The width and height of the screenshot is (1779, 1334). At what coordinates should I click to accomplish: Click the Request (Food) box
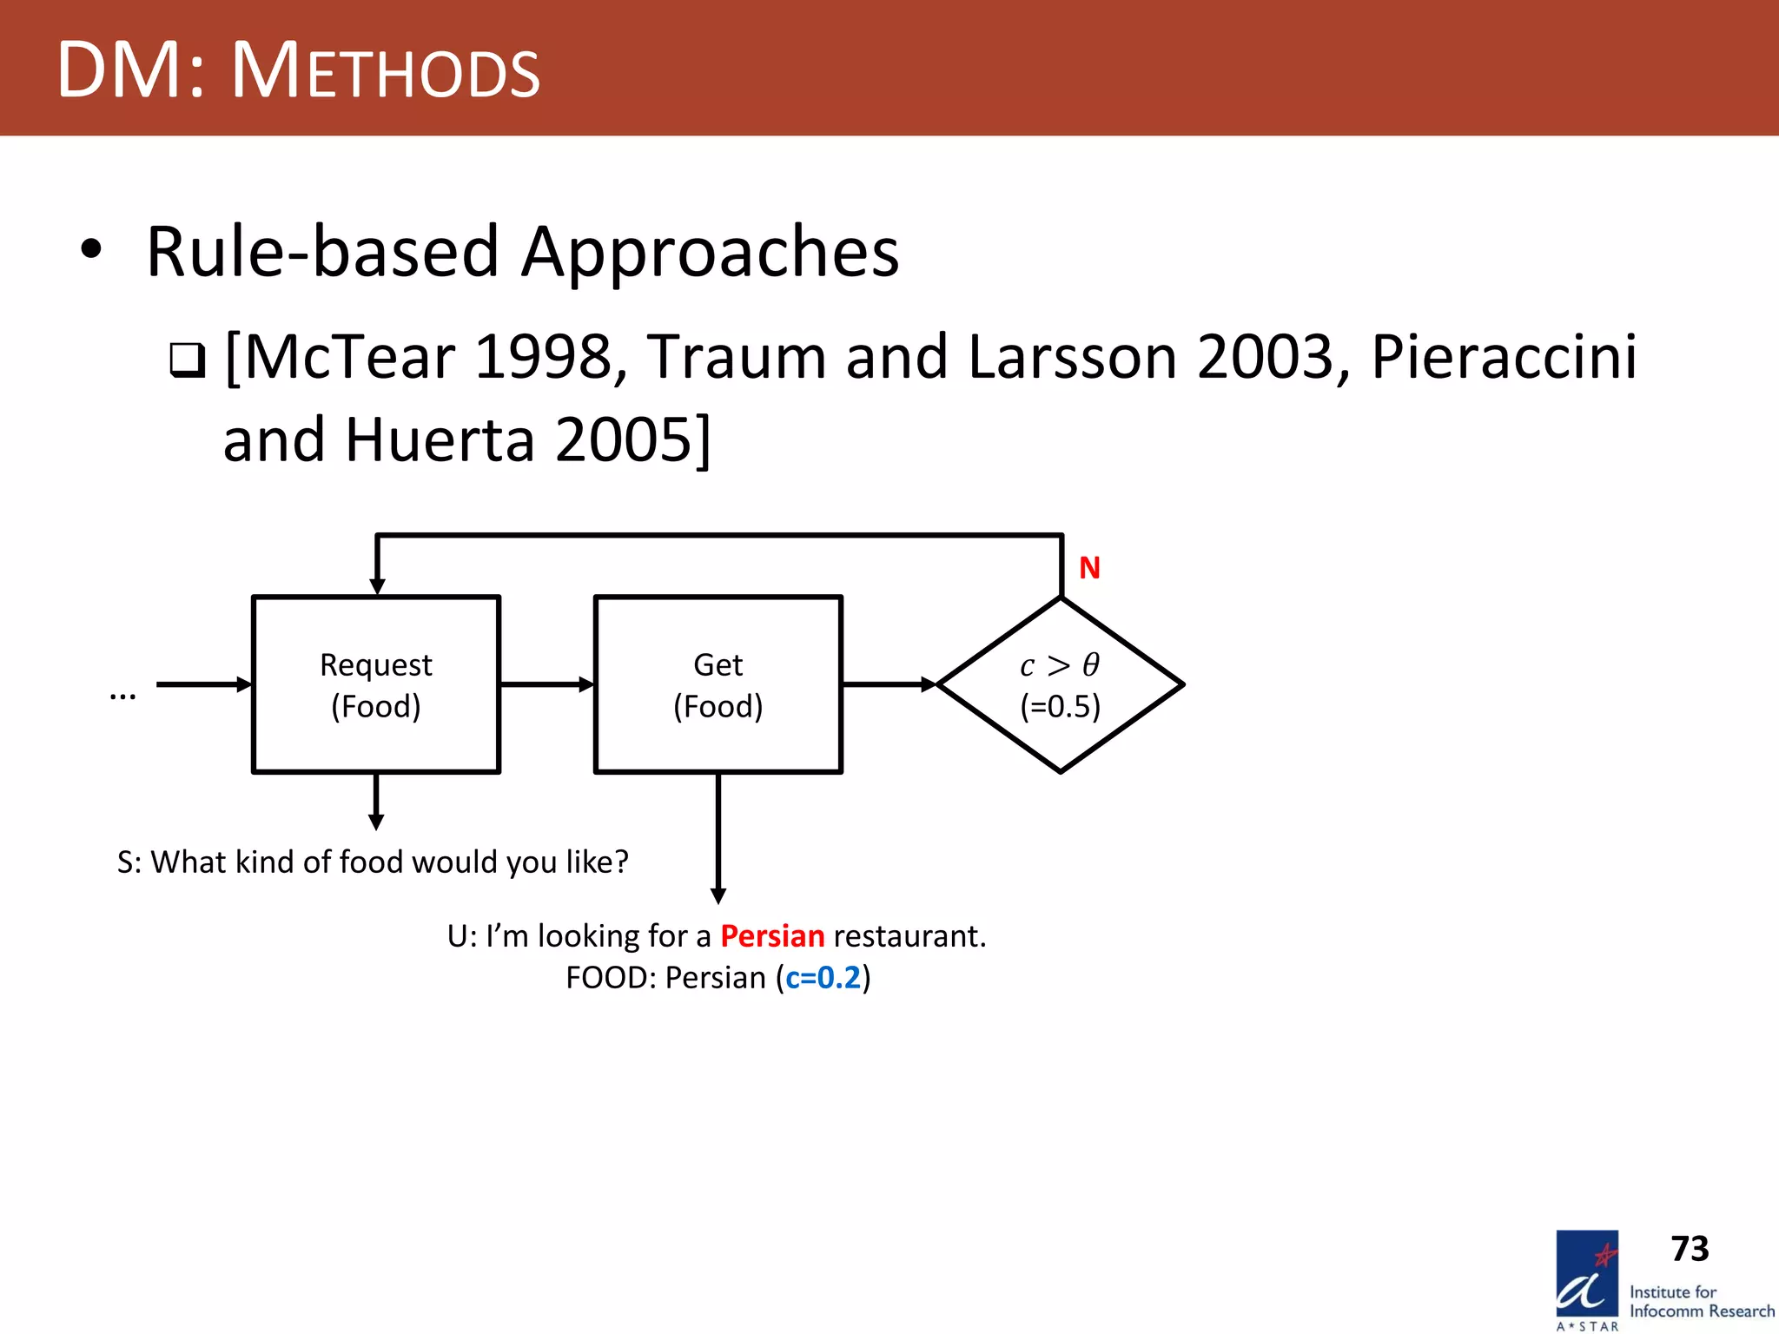click(x=375, y=684)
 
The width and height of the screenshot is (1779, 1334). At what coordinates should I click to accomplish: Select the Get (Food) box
click(x=718, y=684)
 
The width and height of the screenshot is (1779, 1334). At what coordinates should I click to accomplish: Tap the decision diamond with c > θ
click(x=1060, y=684)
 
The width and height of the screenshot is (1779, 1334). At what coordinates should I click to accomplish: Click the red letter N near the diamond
click(x=1089, y=568)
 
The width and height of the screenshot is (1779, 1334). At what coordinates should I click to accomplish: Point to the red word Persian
click(x=772, y=936)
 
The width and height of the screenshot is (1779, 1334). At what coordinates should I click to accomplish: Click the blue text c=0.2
click(x=823, y=978)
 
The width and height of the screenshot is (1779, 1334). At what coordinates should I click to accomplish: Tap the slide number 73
click(x=1690, y=1249)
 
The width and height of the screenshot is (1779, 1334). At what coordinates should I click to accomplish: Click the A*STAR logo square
click(x=1587, y=1275)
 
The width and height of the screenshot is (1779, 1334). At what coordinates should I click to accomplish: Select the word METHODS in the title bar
click(x=386, y=71)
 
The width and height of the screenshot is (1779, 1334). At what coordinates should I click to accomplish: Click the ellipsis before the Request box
click(x=122, y=694)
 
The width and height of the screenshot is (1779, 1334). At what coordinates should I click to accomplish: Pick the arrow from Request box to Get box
click(x=546, y=684)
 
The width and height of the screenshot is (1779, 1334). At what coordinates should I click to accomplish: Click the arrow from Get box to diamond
click(x=889, y=684)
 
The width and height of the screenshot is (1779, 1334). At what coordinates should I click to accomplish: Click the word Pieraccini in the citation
click(x=1504, y=357)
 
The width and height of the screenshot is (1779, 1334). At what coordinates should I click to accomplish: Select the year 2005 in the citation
click(x=623, y=439)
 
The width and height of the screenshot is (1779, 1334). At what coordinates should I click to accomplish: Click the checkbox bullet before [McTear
click(x=187, y=360)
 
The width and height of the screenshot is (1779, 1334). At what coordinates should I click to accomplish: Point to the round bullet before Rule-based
click(x=90, y=250)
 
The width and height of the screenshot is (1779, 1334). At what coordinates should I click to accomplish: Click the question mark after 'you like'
click(x=620, y=862)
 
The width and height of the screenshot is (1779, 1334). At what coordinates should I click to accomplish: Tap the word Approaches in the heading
click(x=710, y=252)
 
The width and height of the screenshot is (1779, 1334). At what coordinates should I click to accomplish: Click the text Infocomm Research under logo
click(x=1702, y=1311)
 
